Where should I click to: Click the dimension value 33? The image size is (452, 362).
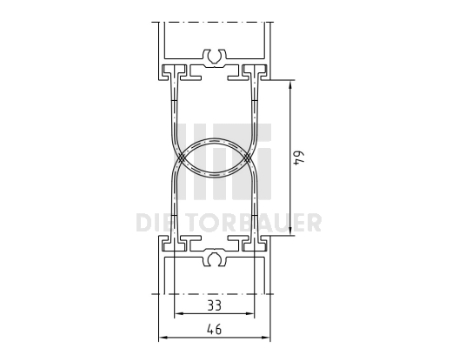(214, 305)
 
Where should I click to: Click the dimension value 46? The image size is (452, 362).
(214, 329)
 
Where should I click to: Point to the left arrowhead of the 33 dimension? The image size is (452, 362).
(178, 315)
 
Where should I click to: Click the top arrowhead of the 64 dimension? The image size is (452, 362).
(289, 82)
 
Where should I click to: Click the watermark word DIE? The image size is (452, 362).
(157, 224)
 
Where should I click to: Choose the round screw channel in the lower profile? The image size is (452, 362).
(214, 259)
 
